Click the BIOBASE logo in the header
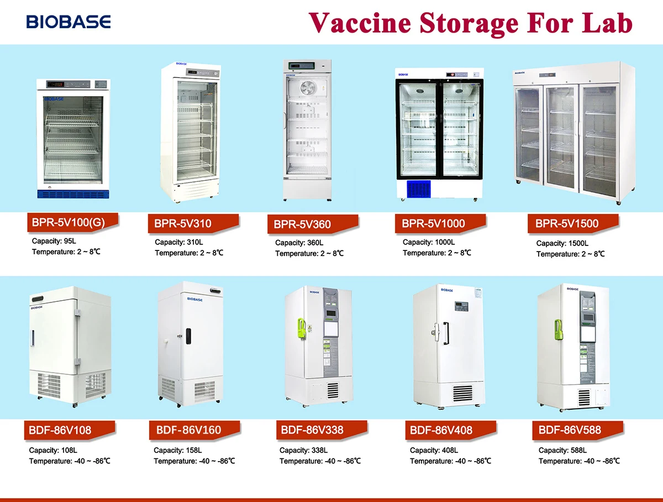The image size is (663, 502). pos(69,22)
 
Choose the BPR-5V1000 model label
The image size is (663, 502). pos(433,224)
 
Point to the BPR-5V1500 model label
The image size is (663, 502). pos(566,224)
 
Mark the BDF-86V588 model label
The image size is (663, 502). pos(570,430)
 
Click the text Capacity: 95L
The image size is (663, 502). pos(54,242)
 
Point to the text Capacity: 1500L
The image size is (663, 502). pos(562,243)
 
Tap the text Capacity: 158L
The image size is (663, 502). pos(178,451)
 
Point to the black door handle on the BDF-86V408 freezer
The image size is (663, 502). pos(445,332)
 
